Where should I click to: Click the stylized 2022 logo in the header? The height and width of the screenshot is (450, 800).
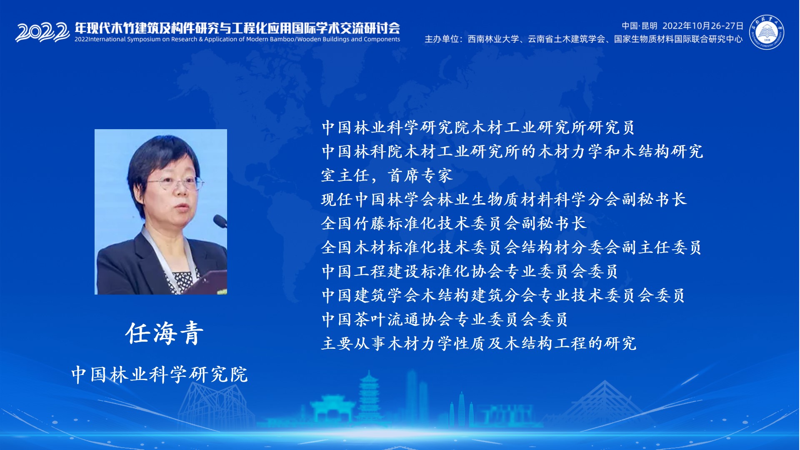[x=42, y=32]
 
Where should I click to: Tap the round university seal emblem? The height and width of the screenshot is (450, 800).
[x=767, y=32]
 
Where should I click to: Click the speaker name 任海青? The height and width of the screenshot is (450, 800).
[x=165, y=333]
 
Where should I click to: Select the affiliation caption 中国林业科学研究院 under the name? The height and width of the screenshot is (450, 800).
[x=160, y=374]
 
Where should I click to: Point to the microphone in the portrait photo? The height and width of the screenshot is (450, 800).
[x=220, y=221]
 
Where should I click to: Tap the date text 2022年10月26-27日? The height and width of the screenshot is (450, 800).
[x=703, y=26]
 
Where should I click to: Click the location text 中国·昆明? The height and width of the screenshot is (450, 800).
[x=640, y=26]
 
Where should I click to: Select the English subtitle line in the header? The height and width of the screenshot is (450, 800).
[x=237, y=39]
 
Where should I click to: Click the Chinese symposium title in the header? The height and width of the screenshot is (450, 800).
[x=237, y=28]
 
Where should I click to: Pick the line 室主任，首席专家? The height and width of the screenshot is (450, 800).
[x=387, y=175]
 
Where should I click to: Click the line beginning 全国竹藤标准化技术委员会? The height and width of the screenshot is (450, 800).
[x=454, y=223]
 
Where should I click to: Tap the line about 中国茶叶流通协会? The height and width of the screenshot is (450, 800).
[x=445, y=320]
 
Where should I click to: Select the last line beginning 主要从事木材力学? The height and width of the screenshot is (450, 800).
[x=479, y=343]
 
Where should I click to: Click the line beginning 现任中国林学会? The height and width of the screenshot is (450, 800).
[x=504, y=199]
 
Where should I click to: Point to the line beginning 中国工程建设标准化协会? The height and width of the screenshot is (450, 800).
[x=470, y=271]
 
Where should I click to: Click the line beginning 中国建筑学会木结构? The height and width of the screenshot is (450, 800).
[x=503, y=295]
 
